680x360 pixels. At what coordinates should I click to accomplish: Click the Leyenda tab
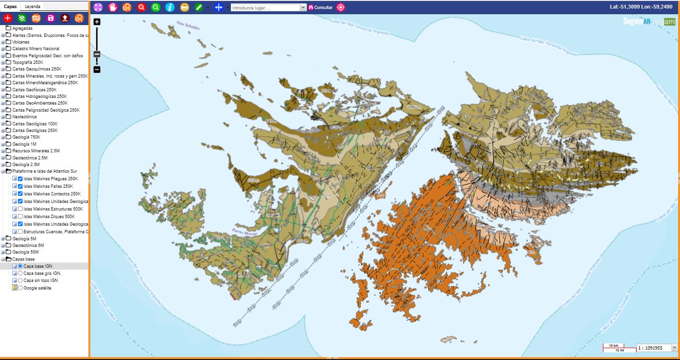click(x=33, y=6)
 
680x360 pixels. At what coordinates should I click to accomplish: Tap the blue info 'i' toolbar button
click(x=170, y=7)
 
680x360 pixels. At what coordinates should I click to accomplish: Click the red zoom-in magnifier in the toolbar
click(x=141, y=7)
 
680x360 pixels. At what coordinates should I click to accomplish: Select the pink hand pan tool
click(x=113, y=7)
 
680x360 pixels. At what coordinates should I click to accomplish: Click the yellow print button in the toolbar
click(x=184, y=7)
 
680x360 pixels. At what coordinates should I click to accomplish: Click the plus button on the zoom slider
click(x=97, y=22)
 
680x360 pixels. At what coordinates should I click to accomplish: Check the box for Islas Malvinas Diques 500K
click(x=20, y=216)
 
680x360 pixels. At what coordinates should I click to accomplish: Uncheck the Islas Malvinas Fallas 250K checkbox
click(x=20, y=186)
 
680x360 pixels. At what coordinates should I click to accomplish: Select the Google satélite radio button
click(x=20, y=288)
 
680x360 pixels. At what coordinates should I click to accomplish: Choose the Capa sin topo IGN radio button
click(x=20, y=281)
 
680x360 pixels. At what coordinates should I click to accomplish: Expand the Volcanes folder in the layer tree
click(x=3, y=42)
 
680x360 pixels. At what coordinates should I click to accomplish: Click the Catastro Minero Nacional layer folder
click(x=35, y=49)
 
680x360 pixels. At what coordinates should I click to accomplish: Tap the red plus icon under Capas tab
click(x=8, y=18)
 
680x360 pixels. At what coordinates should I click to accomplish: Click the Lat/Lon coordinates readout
click(x=641, y=7)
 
